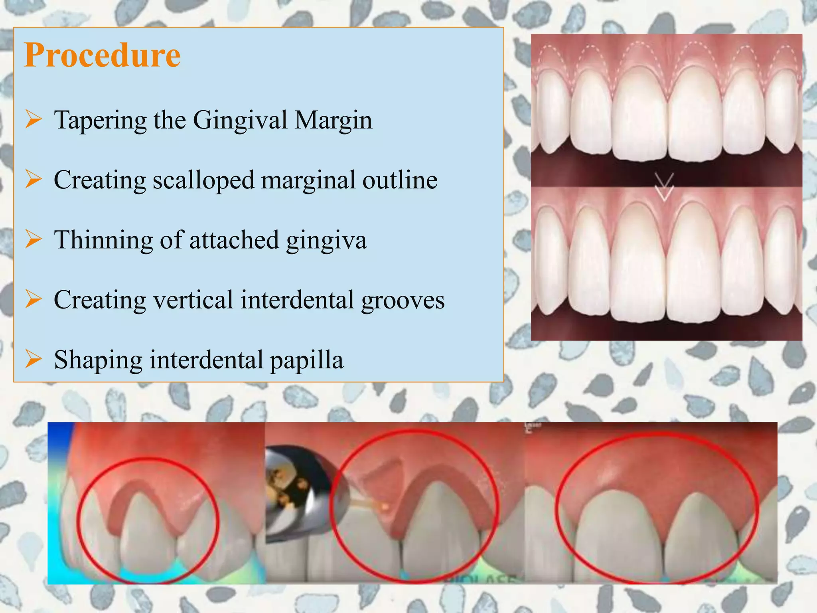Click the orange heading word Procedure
pos(102,55)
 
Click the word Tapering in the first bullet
pos(100,121)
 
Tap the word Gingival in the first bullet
pos(240,121)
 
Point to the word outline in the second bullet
pos(400,180)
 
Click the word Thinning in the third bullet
pos(103,240)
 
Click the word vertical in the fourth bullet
pos(193,300)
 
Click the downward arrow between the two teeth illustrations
pos(664,187)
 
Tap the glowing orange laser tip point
pos(385,507)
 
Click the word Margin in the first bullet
pos(333,121)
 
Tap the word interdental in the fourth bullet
pos(297,300)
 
